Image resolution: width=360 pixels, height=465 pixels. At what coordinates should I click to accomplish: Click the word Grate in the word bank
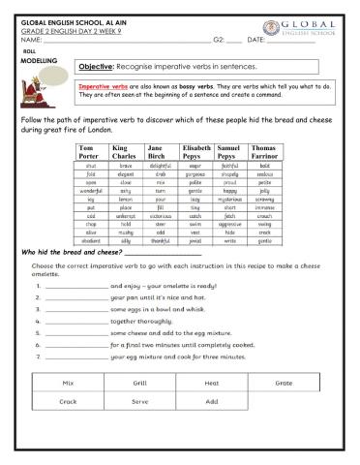coord(284,383)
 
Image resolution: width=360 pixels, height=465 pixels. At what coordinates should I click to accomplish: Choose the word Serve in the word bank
coord(140,401)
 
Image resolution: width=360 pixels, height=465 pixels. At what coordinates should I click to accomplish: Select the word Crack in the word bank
coord(69,401)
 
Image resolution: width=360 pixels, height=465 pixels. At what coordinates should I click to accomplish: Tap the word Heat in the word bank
coord(212,383)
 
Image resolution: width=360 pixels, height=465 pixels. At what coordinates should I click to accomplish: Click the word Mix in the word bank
coord(69,383)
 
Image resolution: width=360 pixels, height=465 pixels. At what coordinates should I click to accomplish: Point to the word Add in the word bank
coord(212,401)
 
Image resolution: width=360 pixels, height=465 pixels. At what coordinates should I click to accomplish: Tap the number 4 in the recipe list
coord(37,323)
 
